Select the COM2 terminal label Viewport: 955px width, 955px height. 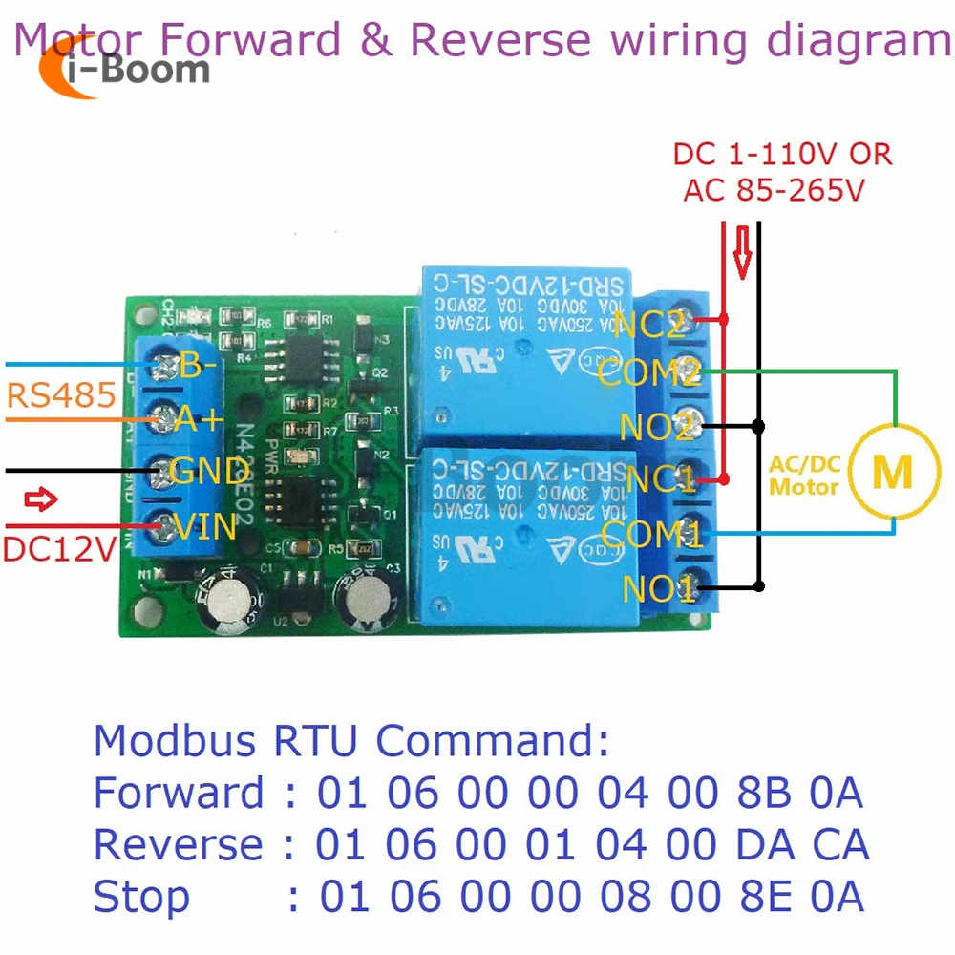[650, 372]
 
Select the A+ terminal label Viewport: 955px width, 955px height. [200, 417]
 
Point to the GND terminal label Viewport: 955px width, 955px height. [208, 471]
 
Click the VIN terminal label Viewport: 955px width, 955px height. [203, 524]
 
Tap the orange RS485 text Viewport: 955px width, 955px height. [60, 394]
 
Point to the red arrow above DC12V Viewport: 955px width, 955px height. [41, 499]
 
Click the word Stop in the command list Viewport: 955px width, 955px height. [141, 897]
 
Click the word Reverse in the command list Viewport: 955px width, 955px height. [179, 844]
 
